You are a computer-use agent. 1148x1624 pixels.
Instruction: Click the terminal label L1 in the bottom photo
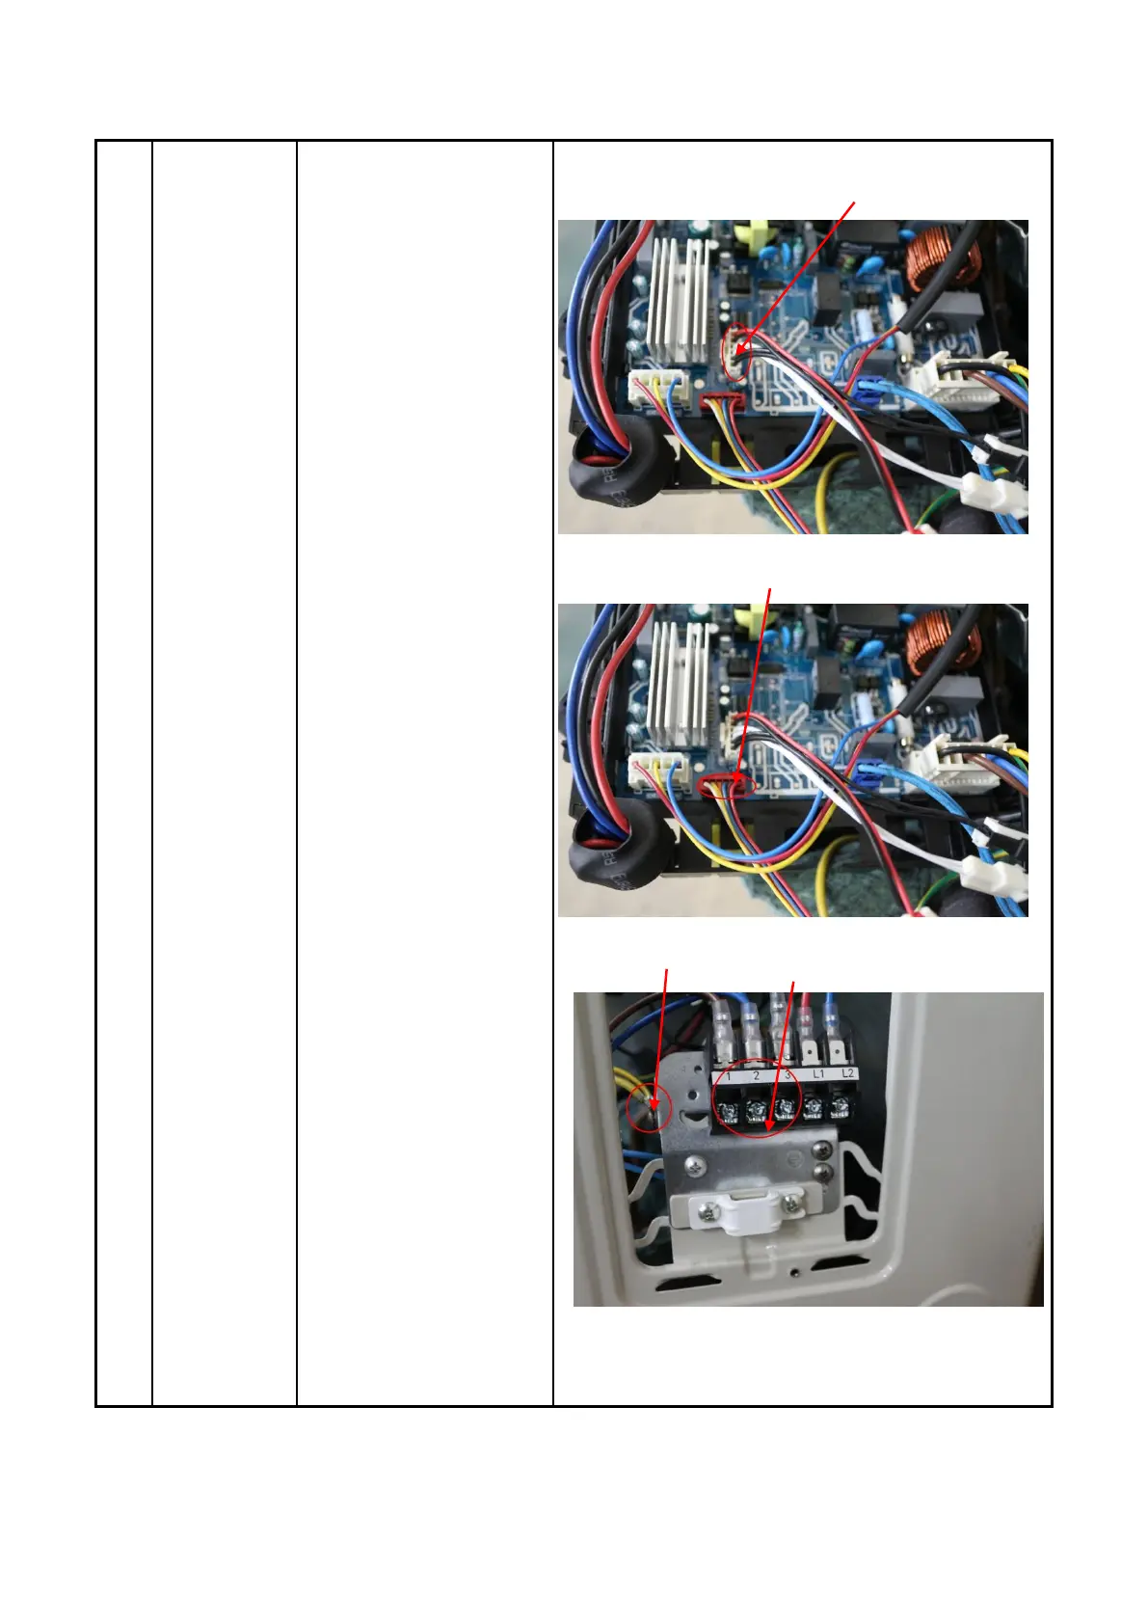(817, 1073)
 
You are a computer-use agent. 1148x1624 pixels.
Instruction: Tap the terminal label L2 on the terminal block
(847, 1073)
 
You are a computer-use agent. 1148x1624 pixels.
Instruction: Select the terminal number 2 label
(757, 1074)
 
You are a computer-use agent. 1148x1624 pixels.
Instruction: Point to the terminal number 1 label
(729, 1074)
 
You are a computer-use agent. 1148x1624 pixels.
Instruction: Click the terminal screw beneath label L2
(842, 1109)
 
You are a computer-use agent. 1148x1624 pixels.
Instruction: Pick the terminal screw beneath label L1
(814, 1109)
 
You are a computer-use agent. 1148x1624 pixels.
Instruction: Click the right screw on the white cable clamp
(792, 1202)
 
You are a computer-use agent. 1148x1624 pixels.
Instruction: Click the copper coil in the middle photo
(943, 641)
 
